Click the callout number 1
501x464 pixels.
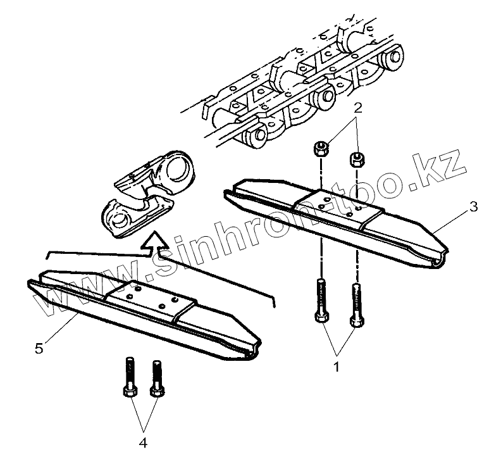[x=337, y=366]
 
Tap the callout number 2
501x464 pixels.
[x=357, y=108]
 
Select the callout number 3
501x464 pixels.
[x=474, y=206]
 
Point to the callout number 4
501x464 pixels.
[x=143, y=443]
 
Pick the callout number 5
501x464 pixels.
[x=39, y=348]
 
